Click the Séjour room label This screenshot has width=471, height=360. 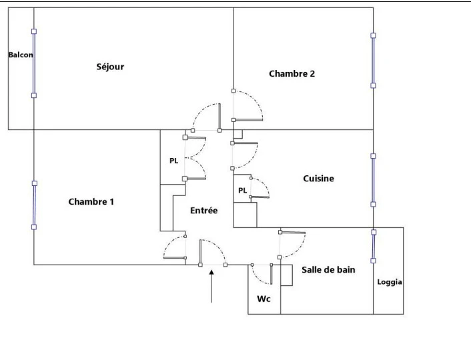(x=110, y=67)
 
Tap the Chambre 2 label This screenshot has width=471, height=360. (x=292, y=73)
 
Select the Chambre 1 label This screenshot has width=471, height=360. (x=91, y=201)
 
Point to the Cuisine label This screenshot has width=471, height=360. (x=318, y=179)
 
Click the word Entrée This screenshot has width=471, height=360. (x=203, y=210)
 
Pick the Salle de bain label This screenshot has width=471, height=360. (x=328, y=269)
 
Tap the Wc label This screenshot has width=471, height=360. (x=264, y=299)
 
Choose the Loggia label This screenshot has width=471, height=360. (x=390, y=282)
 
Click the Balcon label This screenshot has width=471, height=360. (x=21, y=55)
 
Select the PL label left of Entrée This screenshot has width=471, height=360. (x=173, y=161)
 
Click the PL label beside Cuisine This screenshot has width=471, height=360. (x=242, y=191)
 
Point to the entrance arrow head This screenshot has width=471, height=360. (x=211, y=272)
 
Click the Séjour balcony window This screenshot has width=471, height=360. (x=34, y=63)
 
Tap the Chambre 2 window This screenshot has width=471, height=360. (x=373, y=61)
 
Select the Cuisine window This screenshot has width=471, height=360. (x=373, y=180)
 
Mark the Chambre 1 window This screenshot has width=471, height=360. (x=34, y=205)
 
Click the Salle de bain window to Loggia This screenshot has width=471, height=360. (x=374, y=246)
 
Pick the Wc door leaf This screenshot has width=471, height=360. (x=272, y=274)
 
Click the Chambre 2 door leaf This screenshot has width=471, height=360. (x=248, y=120)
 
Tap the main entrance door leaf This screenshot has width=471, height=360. (x=200, y=252)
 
